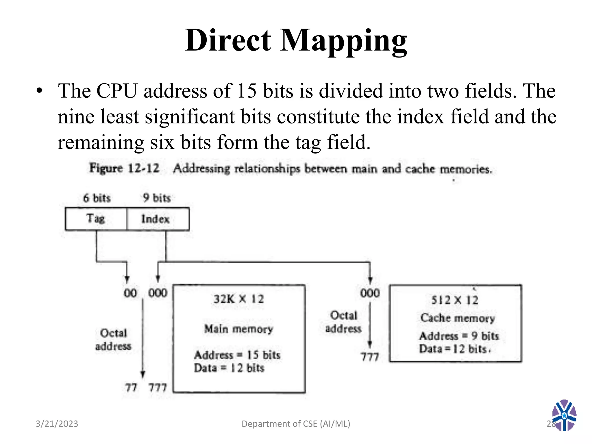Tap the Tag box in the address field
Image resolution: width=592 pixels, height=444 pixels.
(x=96, y=219)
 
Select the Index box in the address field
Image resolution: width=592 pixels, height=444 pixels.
(x=158, y=219)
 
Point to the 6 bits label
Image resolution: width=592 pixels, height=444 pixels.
(x=97, y=198)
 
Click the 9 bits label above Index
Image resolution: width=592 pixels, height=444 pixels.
(x=157, y=198)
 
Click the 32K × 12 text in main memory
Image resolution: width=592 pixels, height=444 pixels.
(x=239, y=299)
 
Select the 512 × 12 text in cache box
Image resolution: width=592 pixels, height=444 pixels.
(x=455, y=300)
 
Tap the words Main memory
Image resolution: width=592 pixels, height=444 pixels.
(x=238, y=329)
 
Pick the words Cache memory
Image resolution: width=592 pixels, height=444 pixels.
(x=457, y=318)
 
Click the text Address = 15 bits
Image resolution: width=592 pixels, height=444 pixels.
(x=237, y=355)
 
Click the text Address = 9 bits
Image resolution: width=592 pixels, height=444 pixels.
(x=459, y=336)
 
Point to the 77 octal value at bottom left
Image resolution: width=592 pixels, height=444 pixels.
(x=131, y=387)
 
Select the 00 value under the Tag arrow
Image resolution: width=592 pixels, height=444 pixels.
(x=130, y=293)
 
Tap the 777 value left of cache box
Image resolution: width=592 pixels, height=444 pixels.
(x=370, y=357)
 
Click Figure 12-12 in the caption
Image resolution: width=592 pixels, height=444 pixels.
(x=124, y=168)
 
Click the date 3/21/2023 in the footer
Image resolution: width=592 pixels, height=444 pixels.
(x=57, y=424)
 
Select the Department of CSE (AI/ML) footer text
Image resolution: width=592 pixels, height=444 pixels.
(x=296, y=424)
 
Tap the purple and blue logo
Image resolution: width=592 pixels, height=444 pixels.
(x=564, y=415)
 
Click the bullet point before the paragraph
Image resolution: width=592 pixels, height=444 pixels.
(x=40, y=91)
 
